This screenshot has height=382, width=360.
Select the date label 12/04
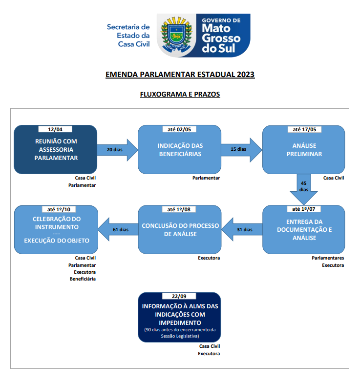(x=55, y=129)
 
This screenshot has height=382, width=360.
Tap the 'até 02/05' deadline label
(x=179, y=129)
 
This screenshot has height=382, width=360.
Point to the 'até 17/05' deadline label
(x=304, y=129)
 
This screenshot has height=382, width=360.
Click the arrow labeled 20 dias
(x=118, y=150)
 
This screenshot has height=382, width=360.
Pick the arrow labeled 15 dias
(x=241, y=150)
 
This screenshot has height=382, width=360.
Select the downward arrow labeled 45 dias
(x=304, y=189)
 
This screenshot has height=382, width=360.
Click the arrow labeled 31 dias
(x=242, y=229)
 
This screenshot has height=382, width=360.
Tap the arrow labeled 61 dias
(x=118, y=229)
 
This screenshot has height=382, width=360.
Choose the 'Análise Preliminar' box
(x=304, y=150)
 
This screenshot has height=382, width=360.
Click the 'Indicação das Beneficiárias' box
(x=180, y=150)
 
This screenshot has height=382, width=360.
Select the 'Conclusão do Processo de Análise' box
(x=180, y=229)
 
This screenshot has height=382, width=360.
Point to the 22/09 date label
(x=179, y=296)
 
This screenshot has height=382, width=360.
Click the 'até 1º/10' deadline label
(x=59, y=209)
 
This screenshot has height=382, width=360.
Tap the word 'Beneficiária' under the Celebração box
(x=83, y=279)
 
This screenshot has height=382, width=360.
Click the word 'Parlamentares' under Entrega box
(x=328, y=258)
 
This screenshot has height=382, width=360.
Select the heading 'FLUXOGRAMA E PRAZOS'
(x=180, y=94)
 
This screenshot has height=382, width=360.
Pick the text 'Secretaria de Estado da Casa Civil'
(x=128, y=35)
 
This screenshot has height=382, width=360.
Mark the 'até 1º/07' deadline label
(x=304, y=209)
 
